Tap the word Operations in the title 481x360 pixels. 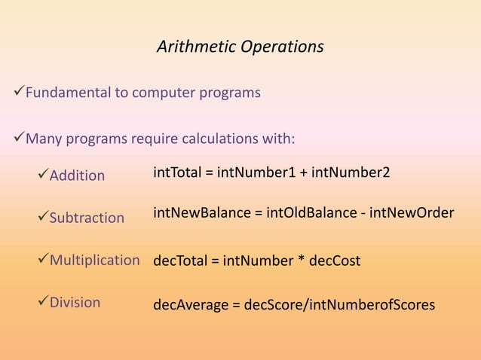[x=282, y=47]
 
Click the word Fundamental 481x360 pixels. [x=66, y=93]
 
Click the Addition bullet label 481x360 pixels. [x=77, y=175]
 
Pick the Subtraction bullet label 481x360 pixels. [x=87, y=218]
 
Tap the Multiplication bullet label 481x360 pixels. [x=94, y=261]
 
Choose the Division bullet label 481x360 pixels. [x=75, y=303]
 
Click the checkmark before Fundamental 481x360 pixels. [x=20, y=93]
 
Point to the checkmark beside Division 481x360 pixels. [x=42, y=303]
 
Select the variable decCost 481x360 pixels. [x=335, y=261]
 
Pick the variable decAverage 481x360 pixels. [x=188, y=305]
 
